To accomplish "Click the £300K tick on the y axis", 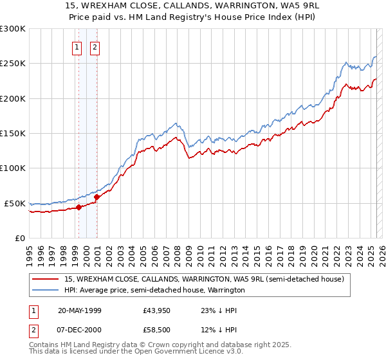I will pos(13,29).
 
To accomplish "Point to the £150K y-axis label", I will pos(13,134).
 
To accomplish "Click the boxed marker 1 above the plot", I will pos(77,46).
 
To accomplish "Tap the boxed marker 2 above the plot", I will pos(95,46).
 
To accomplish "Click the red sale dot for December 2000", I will pos(96,197).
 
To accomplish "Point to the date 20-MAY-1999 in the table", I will pos(80,309).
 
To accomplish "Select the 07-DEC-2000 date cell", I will pos(80,330).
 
